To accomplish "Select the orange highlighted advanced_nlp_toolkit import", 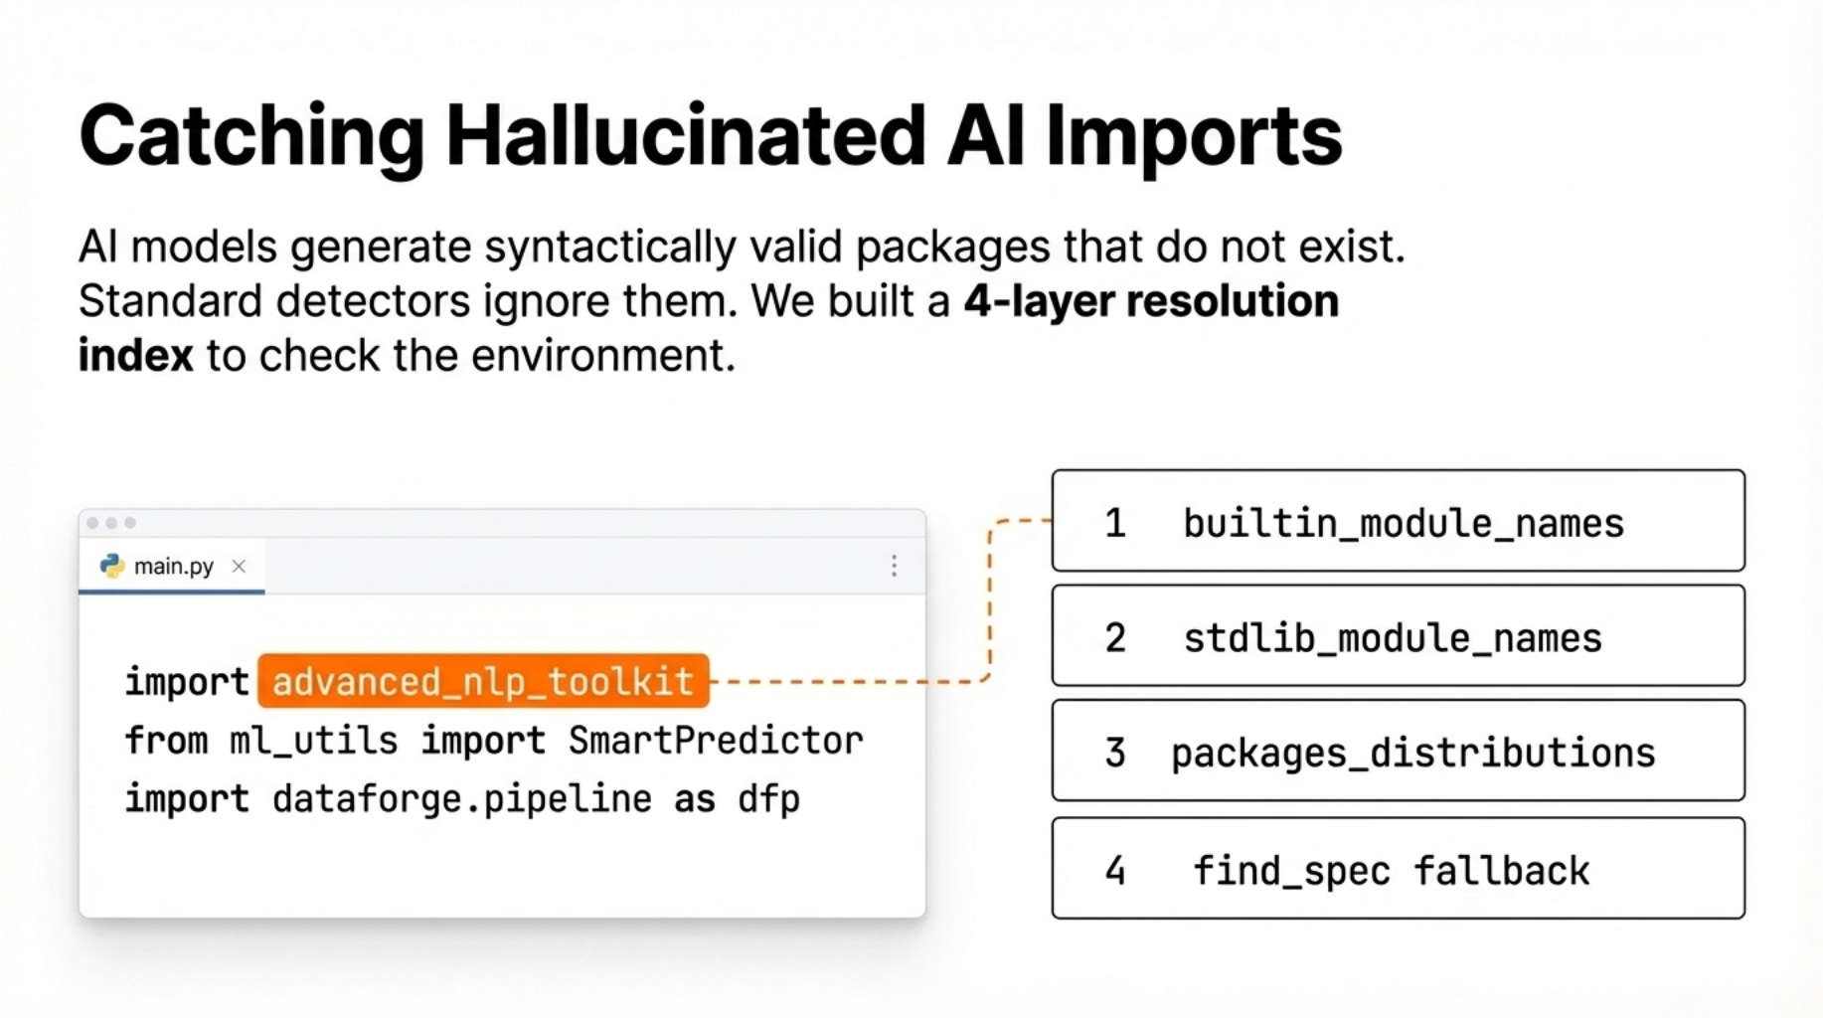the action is (x=483, y=681).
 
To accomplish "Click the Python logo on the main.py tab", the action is (x=112, y=566).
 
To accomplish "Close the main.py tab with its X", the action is (x=239, y=566).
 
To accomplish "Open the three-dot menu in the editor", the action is (x=894, y=566).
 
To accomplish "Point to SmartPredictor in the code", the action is (x=716, y=741).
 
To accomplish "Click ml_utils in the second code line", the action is (x=314, y=741).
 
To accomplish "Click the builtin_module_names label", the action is (x=1404, y=523).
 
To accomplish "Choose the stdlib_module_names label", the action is (x=1393, y=637).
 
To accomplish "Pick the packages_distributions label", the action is (x=1413, y=754).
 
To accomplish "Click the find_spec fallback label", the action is (x=1391, y=871).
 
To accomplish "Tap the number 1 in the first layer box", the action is (x=1115, y=523).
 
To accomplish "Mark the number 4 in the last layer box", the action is (x=1115, y=871).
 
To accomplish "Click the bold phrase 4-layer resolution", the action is (x=1151, y=301).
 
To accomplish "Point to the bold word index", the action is (x=136, y=356).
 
